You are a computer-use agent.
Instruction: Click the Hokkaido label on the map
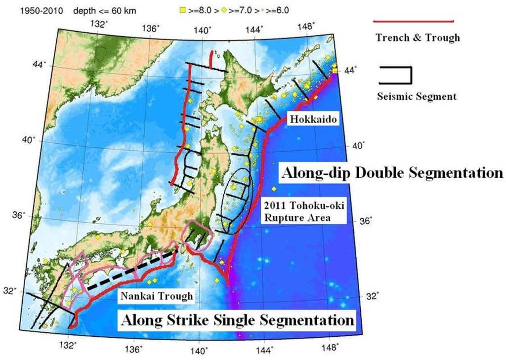pos(312,120)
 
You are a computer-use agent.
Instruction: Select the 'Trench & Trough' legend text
pos(418,38)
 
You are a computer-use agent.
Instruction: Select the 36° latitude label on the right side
pos(366,222)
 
